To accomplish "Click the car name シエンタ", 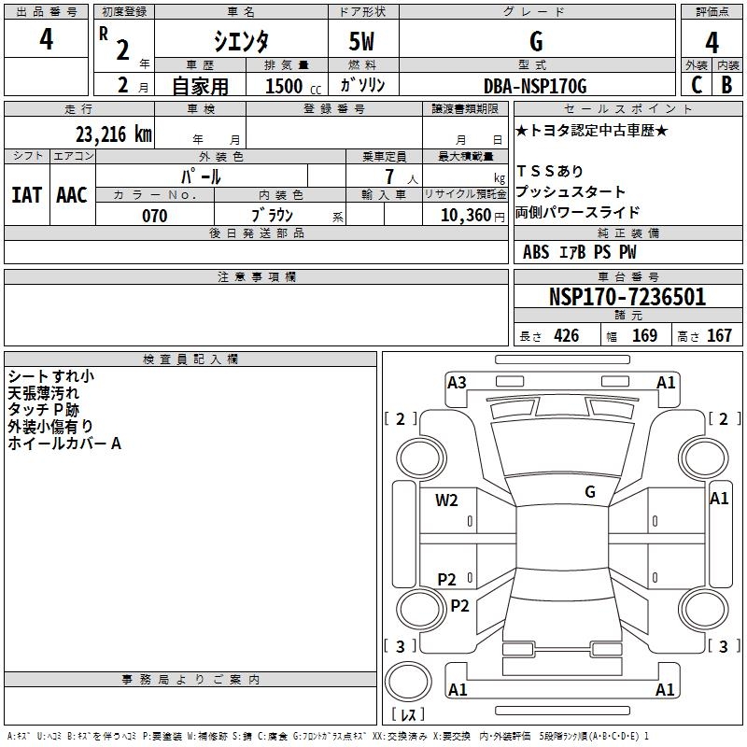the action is pos(242,41).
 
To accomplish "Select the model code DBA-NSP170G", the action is pos(536,86).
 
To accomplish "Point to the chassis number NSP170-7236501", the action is pos(627,297).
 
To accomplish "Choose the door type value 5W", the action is pos(363,41).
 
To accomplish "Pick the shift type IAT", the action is pos(26,195).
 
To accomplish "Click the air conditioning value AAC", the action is pos(72,195).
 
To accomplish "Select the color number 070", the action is pos(154,216).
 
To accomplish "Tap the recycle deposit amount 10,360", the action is pos(460,216).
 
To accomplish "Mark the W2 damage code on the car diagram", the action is pos(446,500).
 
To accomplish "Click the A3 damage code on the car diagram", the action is pos(457,382).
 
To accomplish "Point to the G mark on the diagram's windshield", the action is pos(589,491).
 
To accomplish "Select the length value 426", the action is pos(566,336).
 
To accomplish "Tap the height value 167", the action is pos(719,336).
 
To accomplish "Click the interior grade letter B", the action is pos(726,85).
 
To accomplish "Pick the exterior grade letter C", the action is pos(696,85).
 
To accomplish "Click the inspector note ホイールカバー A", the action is pos(64,444).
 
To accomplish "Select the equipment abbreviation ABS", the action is pos(536,252).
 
